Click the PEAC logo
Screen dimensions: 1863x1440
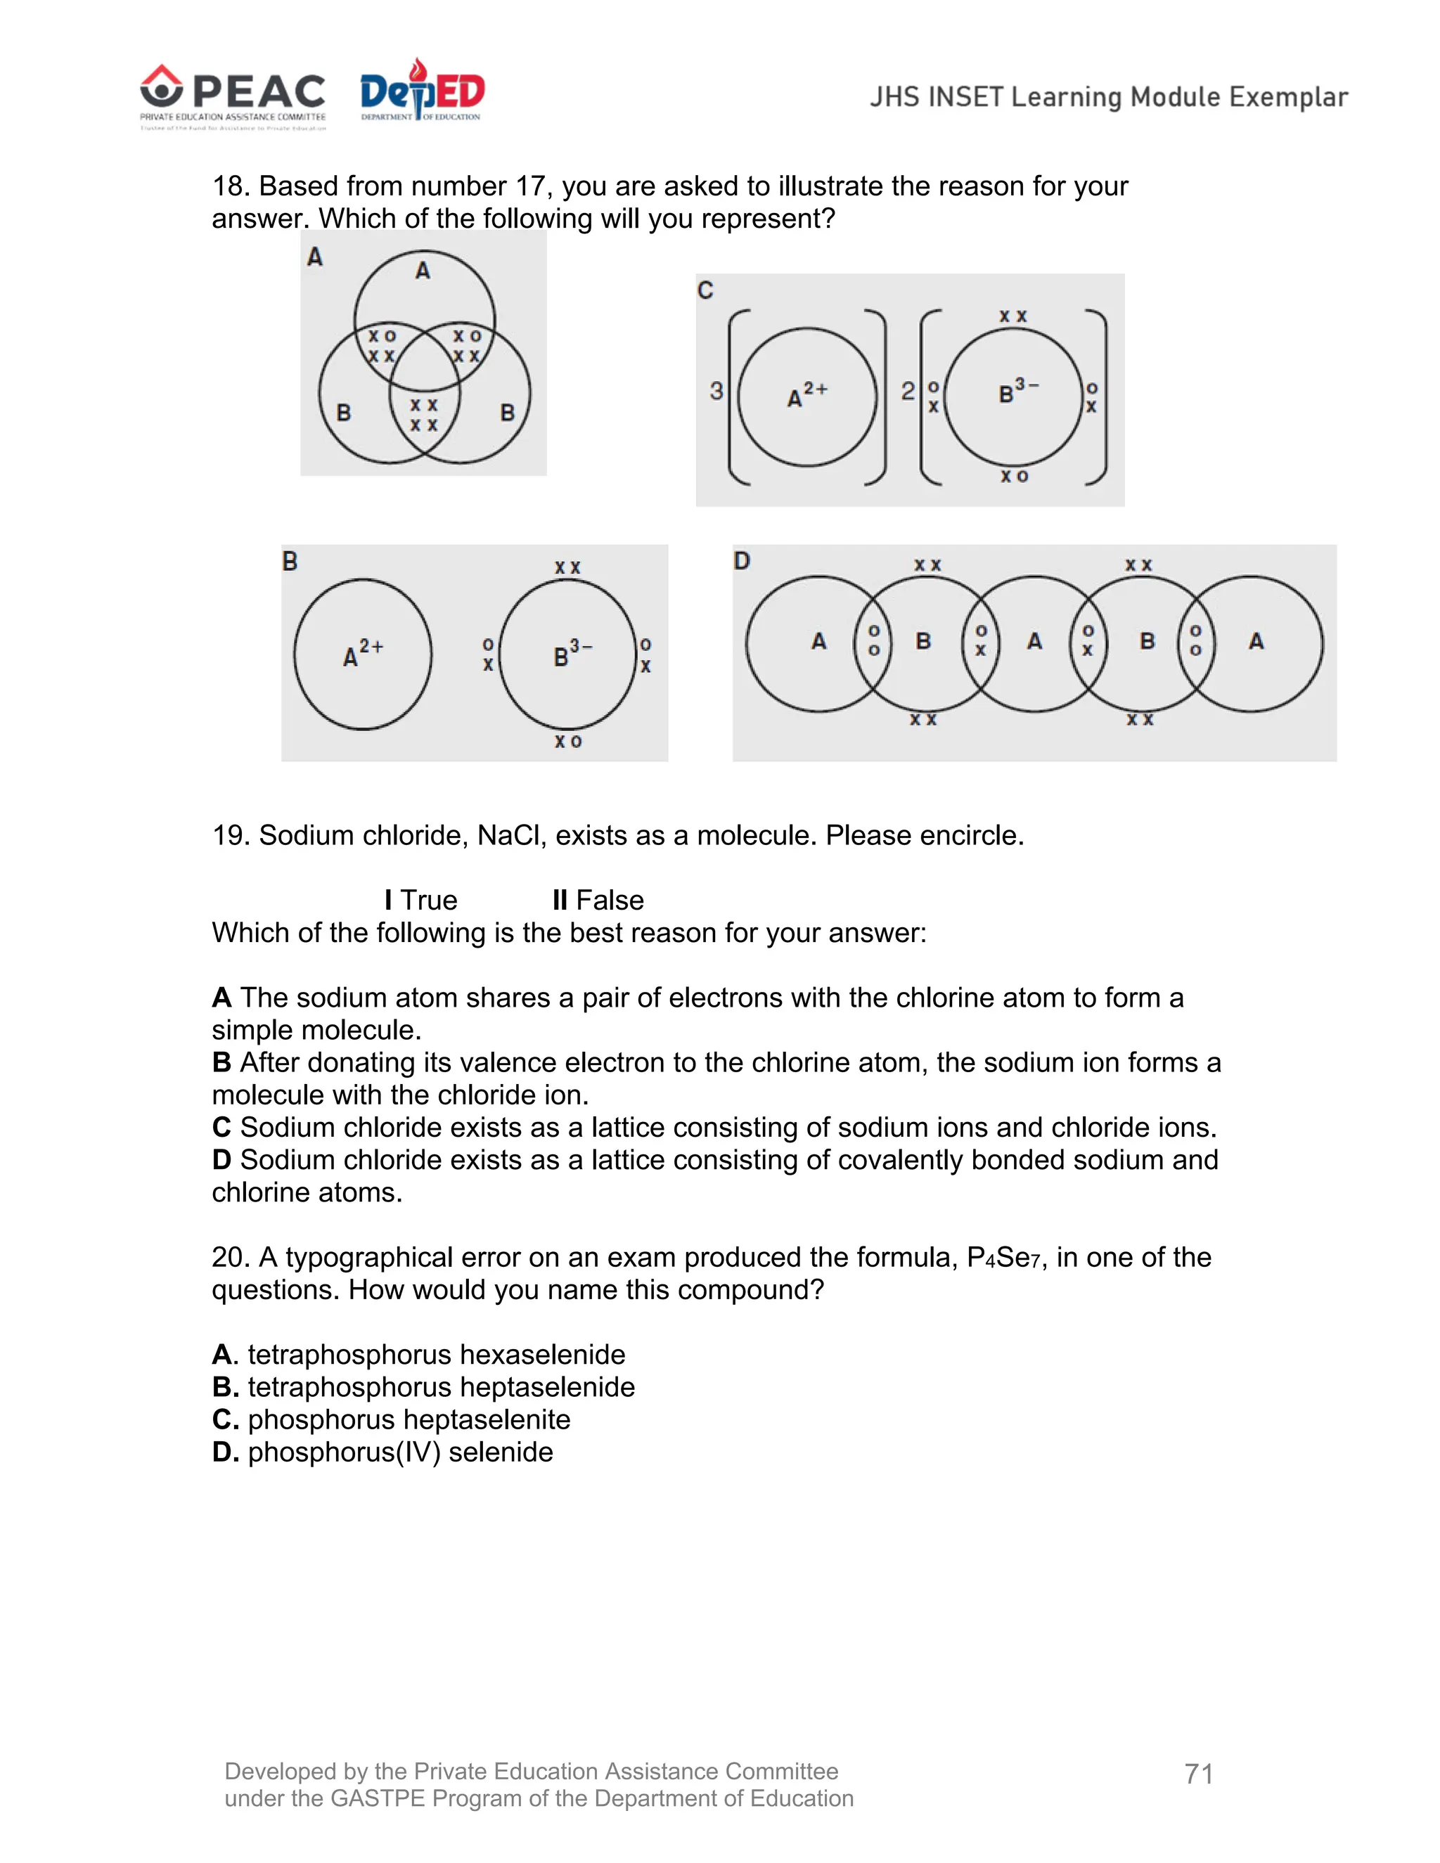pos(233,96)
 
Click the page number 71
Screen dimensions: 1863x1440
pos(1199,1774)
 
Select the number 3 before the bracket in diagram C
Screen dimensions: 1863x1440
pos(716,391)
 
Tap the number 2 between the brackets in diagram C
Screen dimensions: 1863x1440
pos(908,391)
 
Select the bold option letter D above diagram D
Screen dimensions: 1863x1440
pos(741,560)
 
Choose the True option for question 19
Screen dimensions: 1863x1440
pos(420,900)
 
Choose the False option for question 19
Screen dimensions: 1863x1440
pos(598,900)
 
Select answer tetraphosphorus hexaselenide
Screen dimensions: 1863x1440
pos(436,1355)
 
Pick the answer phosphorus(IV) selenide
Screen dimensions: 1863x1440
pos(400,1452)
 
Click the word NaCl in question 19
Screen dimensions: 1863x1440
pos(509,835)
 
